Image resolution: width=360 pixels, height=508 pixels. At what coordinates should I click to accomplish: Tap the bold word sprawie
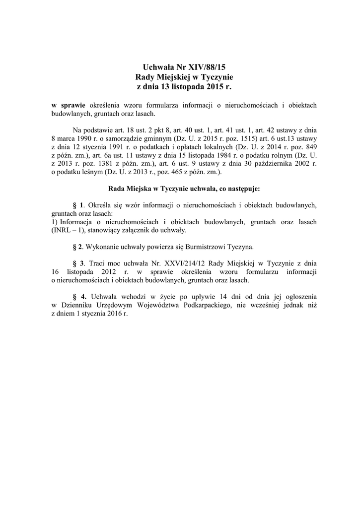click(x=73, y=105)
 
